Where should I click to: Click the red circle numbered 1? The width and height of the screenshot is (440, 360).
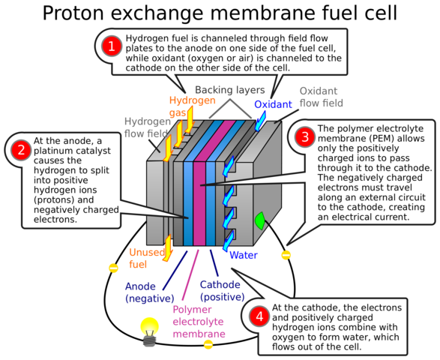click(112, 46)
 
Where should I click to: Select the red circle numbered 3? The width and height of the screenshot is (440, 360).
click(304, 137)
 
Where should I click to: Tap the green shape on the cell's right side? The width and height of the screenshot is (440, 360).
click(260, 221)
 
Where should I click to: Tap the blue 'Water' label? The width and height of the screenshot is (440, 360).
click(244, 254)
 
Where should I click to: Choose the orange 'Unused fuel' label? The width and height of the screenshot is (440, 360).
click(142, 257)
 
